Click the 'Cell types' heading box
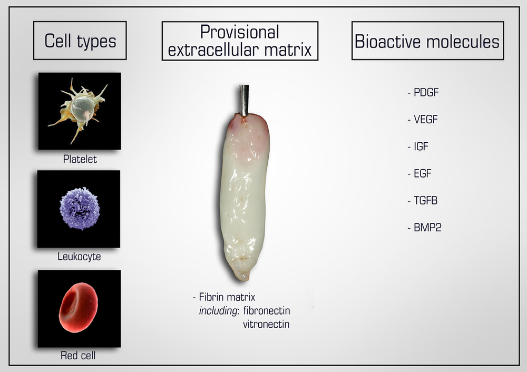[x=80, y=41]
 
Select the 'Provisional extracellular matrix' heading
[x=240, y=41]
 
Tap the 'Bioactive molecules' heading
[x=427, y=41]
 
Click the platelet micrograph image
[x=80, y=111]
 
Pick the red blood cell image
[x=78, y=307]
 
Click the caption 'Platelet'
[x=80, y=159]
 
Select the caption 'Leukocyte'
[x=79, y=257]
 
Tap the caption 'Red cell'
[x=78, y=356]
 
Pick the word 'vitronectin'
[x=266, y=324]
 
